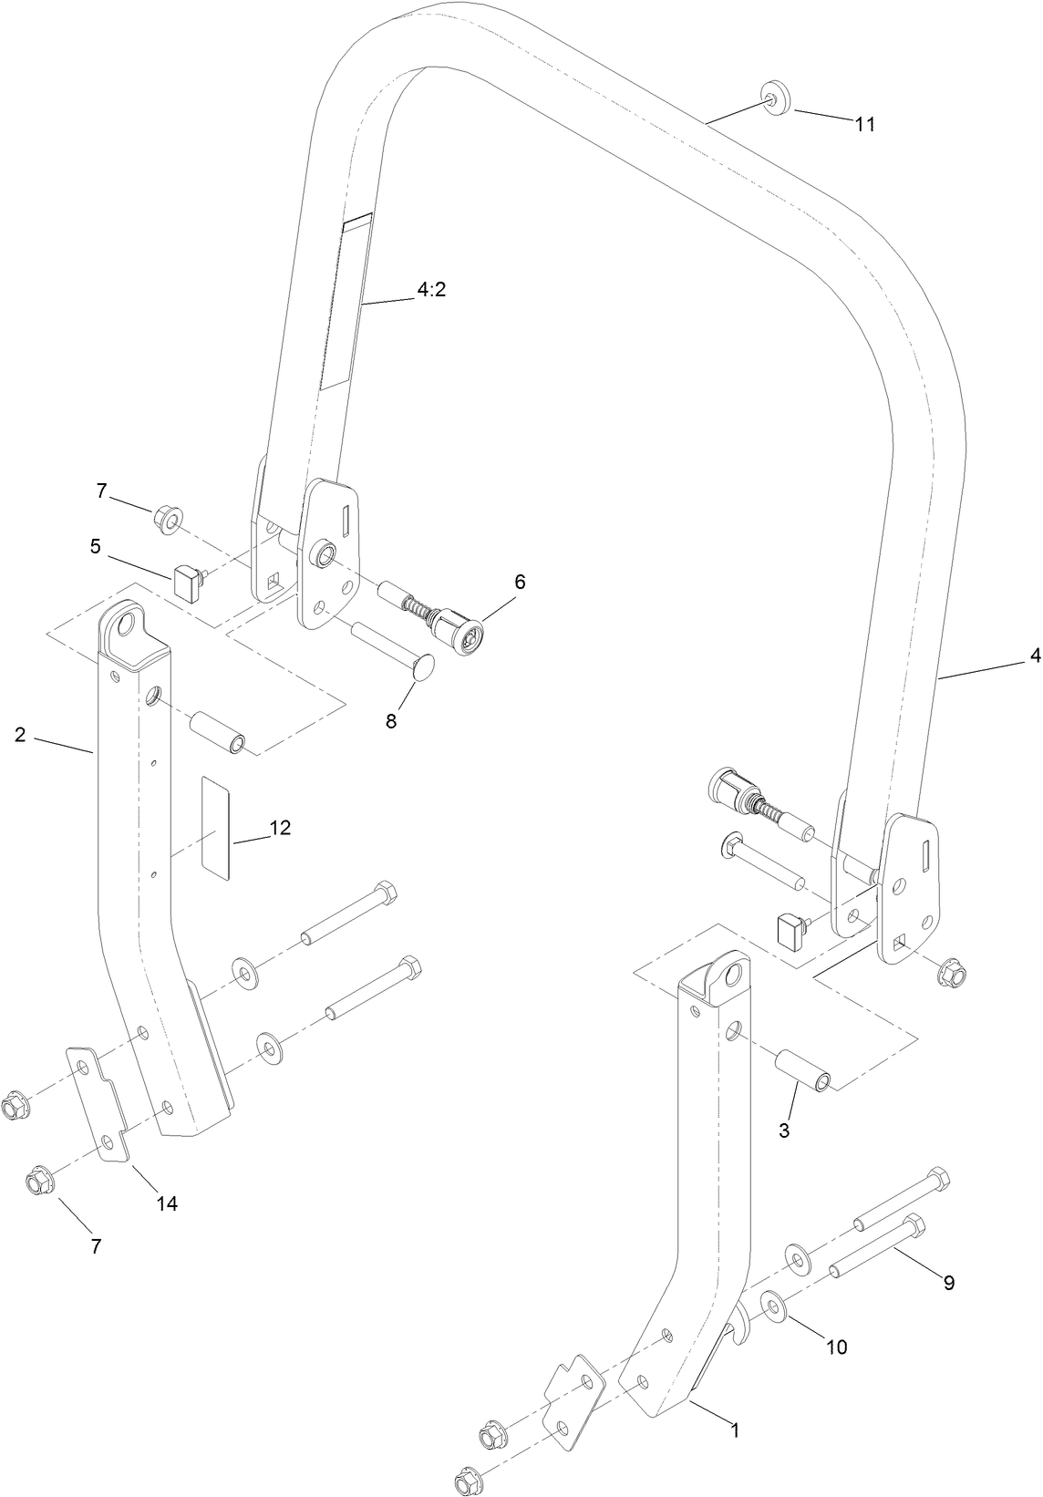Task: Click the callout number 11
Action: (x=864, y=126)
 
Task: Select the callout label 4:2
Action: (x=431, y=290)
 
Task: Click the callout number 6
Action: (x=520, y=582)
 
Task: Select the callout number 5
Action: (x=95, y=546)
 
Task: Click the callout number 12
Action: (x=279, y=827)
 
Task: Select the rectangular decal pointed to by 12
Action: (x=216, y=828)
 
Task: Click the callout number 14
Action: (x=166, y=1203)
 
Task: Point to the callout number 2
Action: (x=20, y=734)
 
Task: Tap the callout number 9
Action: (x=948, y=1283)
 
